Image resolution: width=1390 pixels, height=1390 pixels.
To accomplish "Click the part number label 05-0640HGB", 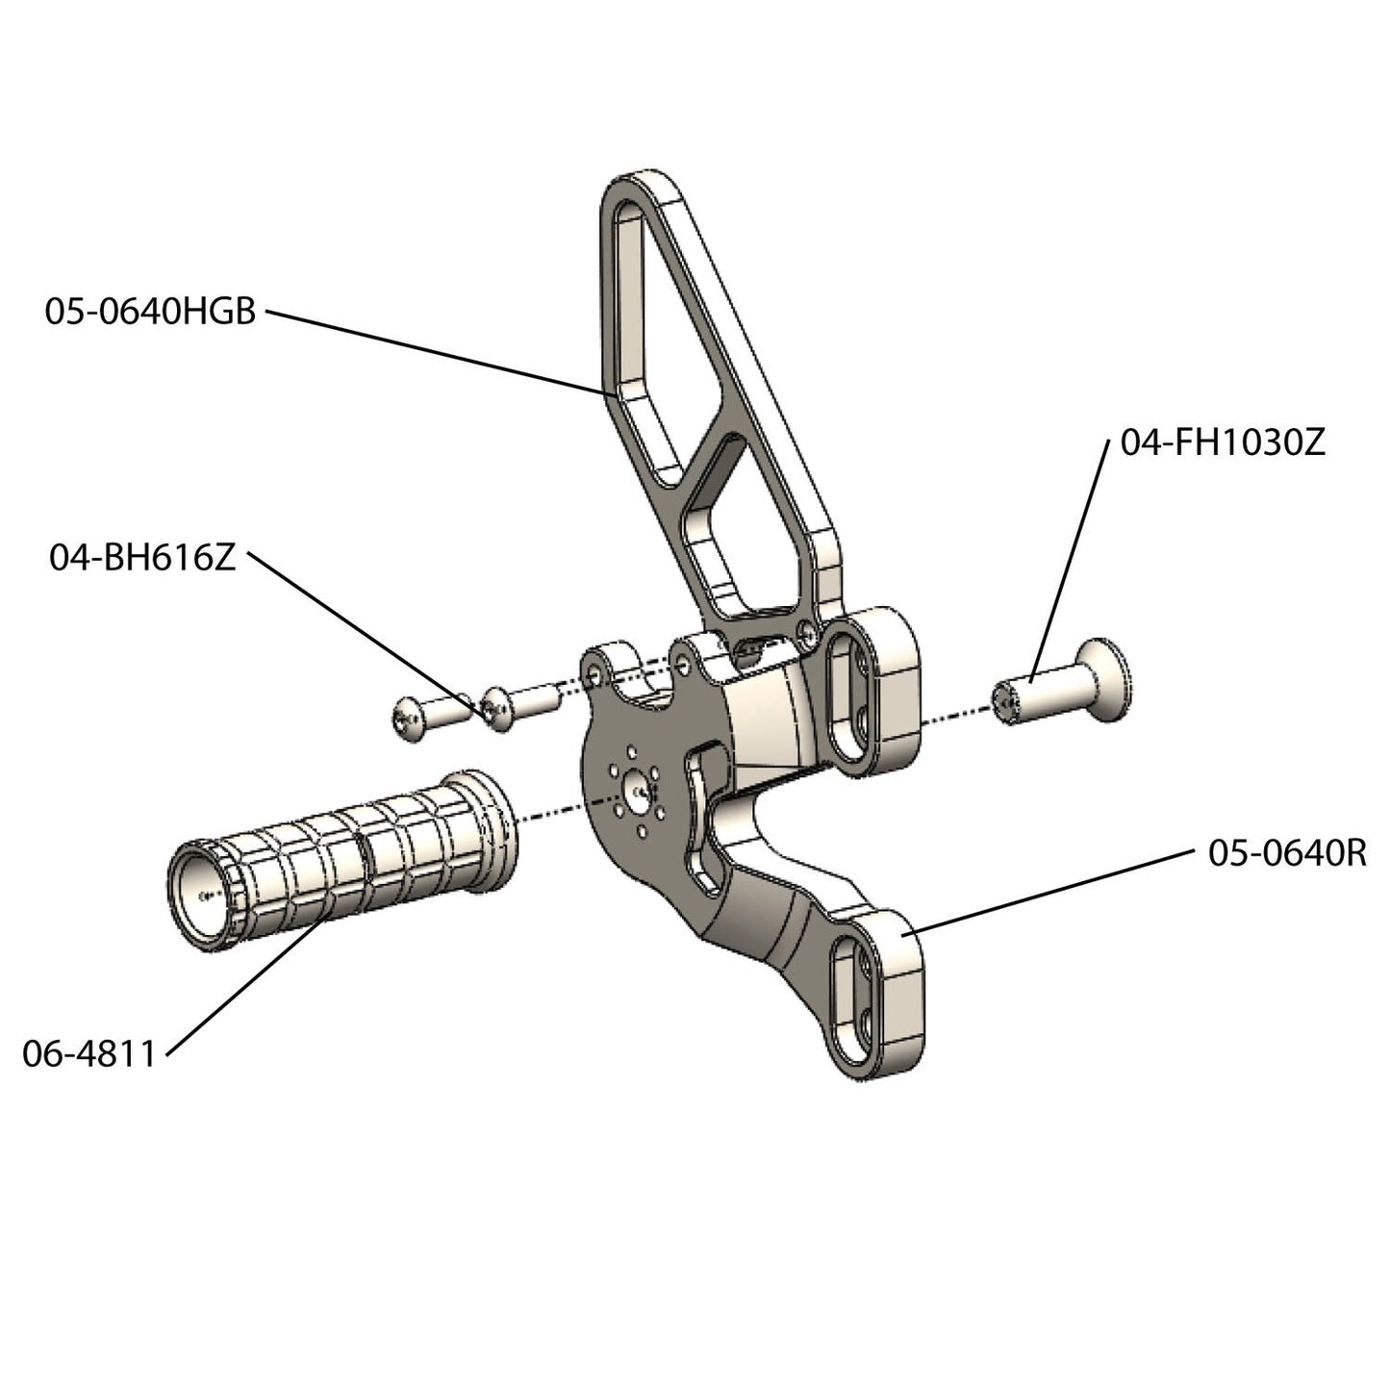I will point(150,312).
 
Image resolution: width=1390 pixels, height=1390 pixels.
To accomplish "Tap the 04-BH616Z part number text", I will point(142,558).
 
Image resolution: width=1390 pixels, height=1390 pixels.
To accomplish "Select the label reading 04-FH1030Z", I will point(1223,442).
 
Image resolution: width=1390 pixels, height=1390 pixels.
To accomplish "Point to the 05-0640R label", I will point(1286,853).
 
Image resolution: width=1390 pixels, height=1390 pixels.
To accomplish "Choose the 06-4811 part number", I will point(88,1054).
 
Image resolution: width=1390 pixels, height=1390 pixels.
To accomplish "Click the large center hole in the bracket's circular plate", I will point(637,790).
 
